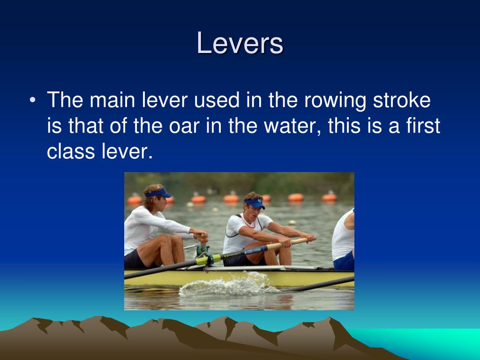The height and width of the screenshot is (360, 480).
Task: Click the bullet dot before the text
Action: [x=31, y=100]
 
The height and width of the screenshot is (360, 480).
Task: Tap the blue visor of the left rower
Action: [x=158, y=193]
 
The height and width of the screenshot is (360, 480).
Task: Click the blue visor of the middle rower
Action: [x=255, y=203]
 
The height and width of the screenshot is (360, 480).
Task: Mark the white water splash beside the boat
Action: [x=220, y=285]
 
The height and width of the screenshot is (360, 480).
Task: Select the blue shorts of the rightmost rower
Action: [x=344, y=261]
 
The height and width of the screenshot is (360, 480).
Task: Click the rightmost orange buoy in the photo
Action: [x=330, y=197]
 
